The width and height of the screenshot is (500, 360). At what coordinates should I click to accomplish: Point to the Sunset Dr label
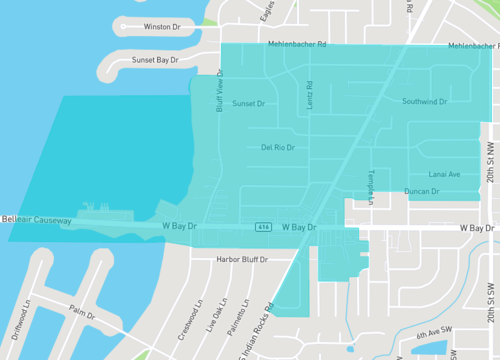click(248, 104)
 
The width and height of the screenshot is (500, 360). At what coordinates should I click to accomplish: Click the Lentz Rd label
click(308, 94)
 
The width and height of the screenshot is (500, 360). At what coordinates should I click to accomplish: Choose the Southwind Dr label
click(426, 102)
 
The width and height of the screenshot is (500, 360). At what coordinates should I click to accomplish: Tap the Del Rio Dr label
click(278, 147)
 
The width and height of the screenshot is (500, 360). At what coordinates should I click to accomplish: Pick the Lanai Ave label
click(445, 174)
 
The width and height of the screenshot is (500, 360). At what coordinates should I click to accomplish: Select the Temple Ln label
click(369, 187)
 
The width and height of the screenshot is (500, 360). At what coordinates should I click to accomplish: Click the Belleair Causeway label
click(36, 219)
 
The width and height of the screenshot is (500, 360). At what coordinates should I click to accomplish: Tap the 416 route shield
click(262, 225)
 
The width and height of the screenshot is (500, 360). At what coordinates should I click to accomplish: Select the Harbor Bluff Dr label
click(237, 260)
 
